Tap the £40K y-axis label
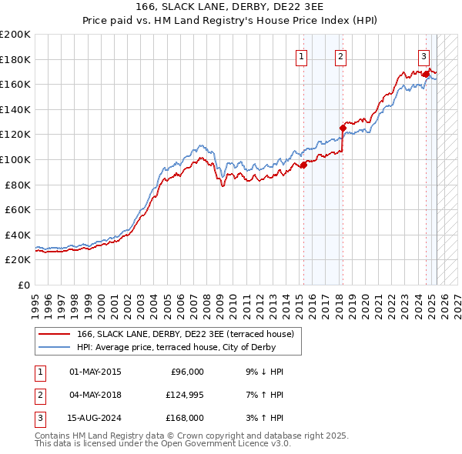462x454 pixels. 18,235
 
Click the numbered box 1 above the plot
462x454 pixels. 301,56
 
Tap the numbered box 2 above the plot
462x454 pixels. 340,56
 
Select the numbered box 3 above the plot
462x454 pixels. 423,56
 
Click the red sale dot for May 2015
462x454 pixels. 303,164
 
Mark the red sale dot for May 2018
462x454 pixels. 343,128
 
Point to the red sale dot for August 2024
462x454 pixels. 425,75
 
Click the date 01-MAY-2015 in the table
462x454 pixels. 95,372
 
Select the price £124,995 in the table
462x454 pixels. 182,395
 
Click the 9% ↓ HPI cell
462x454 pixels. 263,372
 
